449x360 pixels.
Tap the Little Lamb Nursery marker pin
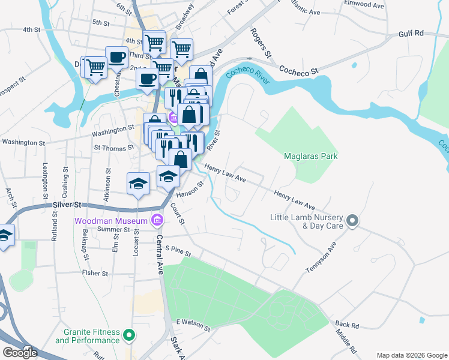[353, 221]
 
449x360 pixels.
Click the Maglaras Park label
[310, 157]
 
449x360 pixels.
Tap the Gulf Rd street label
[411, 34]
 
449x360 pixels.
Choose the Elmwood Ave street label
[364, 4]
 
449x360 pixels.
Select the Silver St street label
[66, 205]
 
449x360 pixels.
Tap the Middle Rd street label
[346, 341]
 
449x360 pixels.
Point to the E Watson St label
[193, 325]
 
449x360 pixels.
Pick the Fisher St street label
[95, 273]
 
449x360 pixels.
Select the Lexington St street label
[45, 178]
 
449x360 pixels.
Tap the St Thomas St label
[113, 147]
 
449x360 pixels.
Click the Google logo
[20, 353]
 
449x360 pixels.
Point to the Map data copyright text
[411, 355]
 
